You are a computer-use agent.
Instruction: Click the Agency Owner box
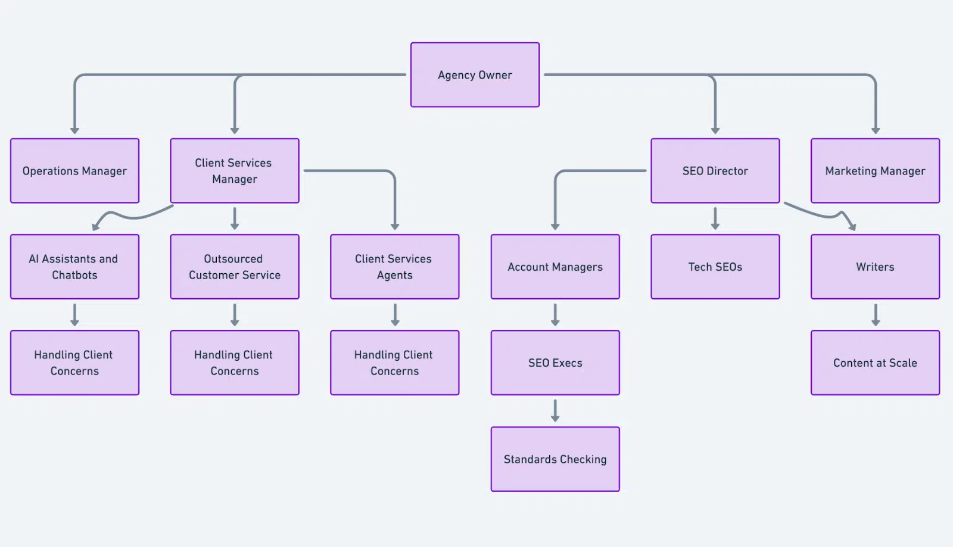click(x=475, y=75)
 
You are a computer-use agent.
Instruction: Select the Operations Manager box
click(x=74, y=171)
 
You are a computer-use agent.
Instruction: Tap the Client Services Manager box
click(x=235, y=171)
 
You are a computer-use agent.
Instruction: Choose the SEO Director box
click(x=715, y=171)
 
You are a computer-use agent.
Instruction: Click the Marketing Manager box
click(x=875, y=171)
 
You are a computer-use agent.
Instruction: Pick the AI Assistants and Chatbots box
click(x=74, y=267)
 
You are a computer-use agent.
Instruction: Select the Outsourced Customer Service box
click(x=235, y=267)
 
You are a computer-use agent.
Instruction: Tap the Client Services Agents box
click(x=394, y=267)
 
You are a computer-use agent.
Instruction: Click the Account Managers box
click(x=555, y=267)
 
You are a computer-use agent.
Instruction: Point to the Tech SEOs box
click(x=715, y=267)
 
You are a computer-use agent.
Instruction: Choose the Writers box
click(x=875, y=267)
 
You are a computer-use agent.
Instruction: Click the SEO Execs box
click(x=555, y=362)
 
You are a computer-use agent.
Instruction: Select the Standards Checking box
click(x=555, y=459)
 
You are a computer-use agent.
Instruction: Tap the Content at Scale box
click(x=875, y=362)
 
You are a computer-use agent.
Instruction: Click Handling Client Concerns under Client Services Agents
click(x=394, y=362)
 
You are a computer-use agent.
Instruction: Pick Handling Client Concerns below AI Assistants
click(x=74, y=362)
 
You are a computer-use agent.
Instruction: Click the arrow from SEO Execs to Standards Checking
click(x=555, y=411)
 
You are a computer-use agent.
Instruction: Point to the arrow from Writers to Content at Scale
click(x=876, y=315)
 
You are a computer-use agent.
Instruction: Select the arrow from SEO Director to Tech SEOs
click(x=715, y=218)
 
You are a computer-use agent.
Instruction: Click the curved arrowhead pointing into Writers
click(x=852, y=226)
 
